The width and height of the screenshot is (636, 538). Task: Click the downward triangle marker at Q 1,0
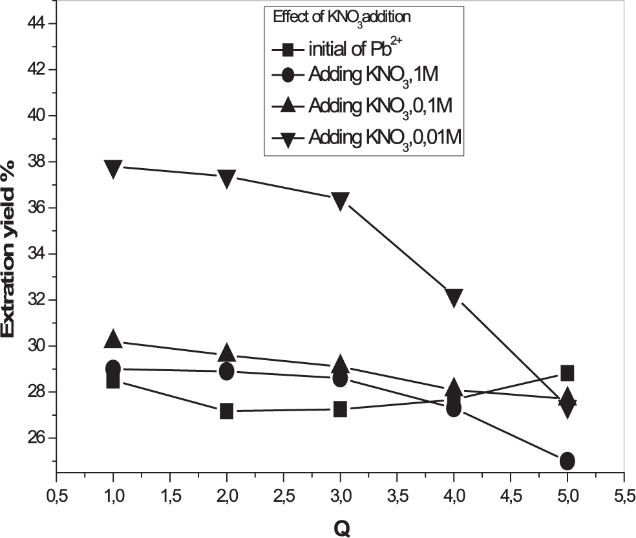(x=113, y=168)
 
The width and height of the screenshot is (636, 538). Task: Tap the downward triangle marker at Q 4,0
(x=454, y=297)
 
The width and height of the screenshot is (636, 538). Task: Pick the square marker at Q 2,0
(x=227, y=411)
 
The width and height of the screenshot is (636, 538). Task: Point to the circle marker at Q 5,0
(x=567, y=460)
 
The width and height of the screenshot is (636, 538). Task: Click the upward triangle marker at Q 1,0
(x=113, y=338)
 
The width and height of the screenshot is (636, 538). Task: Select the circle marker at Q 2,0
(x=227, y=371)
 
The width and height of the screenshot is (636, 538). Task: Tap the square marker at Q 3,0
(x=341, y=409)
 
